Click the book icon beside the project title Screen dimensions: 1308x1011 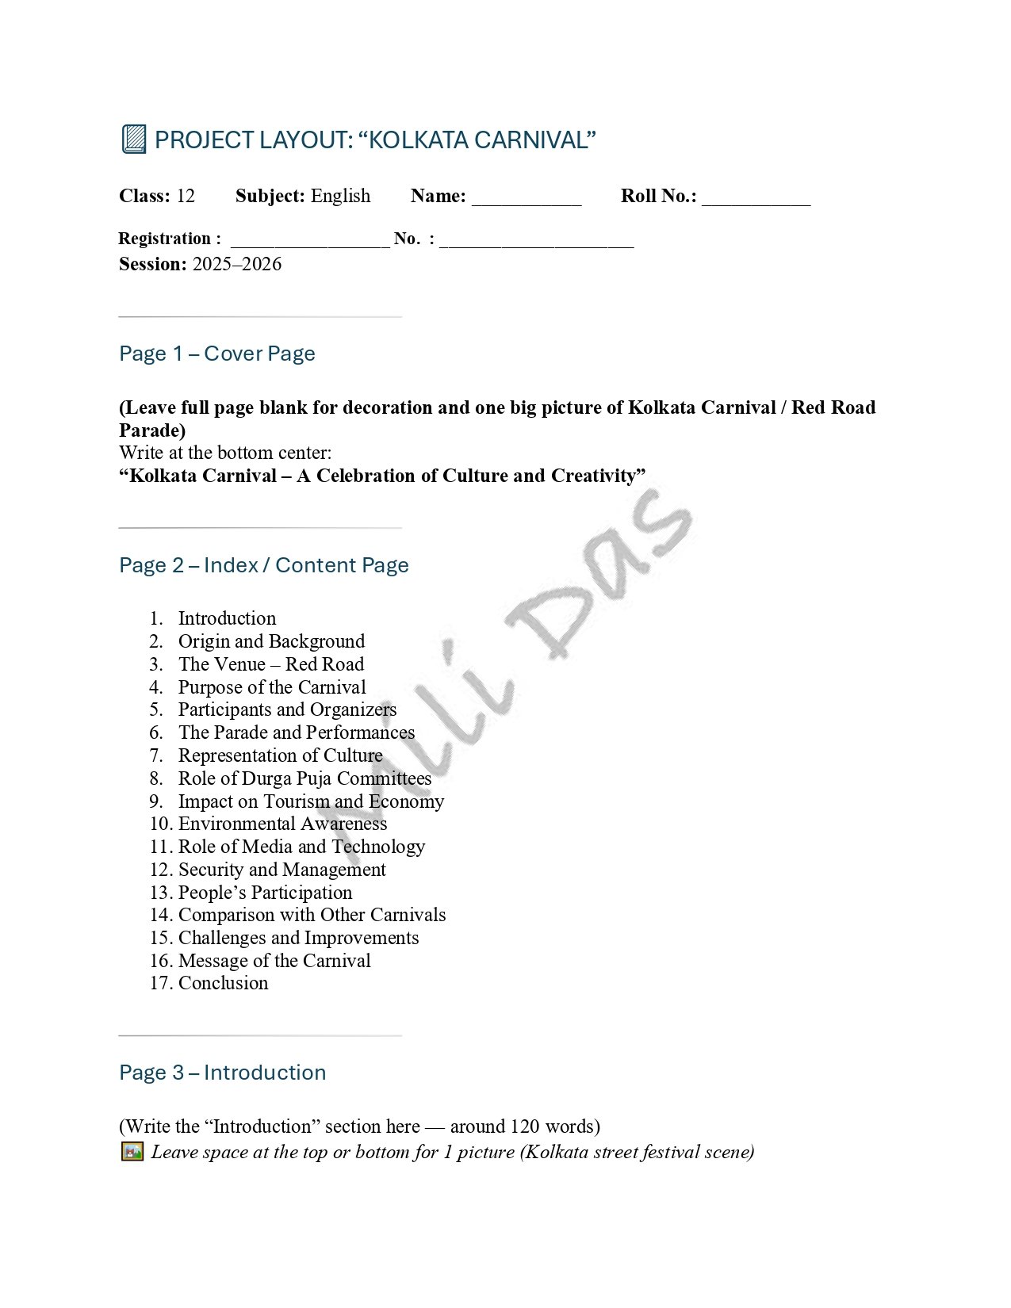tap(134, 140)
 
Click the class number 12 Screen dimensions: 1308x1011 tap(186, 196)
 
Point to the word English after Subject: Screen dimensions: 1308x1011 tap(340, 196)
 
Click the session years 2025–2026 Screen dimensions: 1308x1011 tap(236, 264)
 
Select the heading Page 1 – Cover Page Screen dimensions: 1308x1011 tap(217, 354)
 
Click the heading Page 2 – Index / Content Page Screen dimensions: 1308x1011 tap(264, 565)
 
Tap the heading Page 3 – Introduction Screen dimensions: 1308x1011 tap(223, 1073)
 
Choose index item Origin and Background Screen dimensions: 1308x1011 tap(271, 641)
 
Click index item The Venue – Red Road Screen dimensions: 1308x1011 tap(271, 664)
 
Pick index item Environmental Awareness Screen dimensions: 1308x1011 tap(282, 824)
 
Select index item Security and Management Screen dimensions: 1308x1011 tap(281, 870)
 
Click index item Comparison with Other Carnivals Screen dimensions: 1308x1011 tap(312, 915)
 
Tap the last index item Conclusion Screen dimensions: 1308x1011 tap(223, 983)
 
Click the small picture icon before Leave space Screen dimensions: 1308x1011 tap(132, 1151)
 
